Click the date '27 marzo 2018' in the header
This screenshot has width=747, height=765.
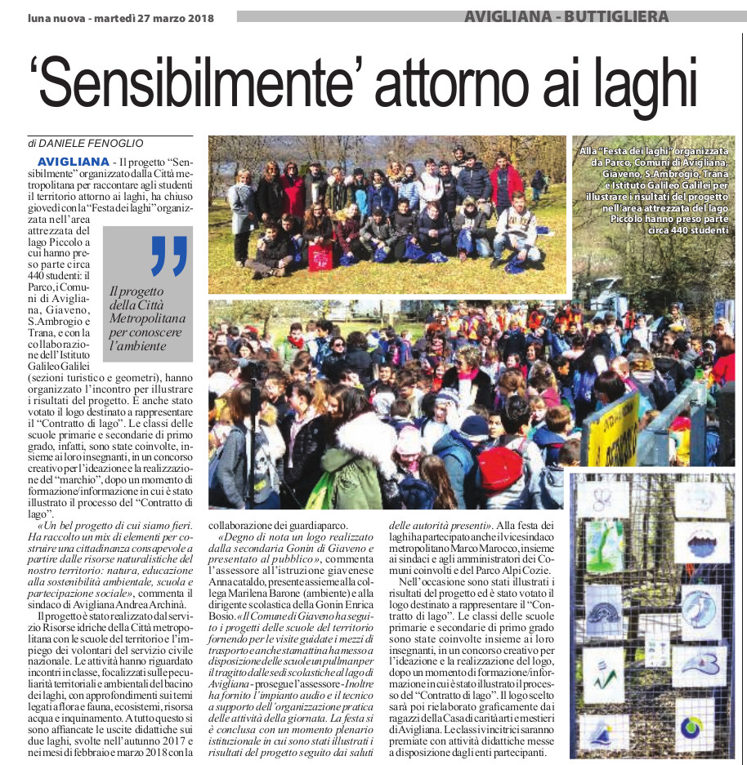[x=172, y=17]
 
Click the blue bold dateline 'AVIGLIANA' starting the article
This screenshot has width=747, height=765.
[x=73, y=162]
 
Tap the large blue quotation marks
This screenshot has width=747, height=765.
[x=169, y=256]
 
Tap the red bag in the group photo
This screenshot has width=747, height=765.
[x=320, y=256]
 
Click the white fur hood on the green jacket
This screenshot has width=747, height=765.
[x=365, y=435]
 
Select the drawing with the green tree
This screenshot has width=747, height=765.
[x=605, y=547]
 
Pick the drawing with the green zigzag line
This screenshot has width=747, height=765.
[x=605, y=669]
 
